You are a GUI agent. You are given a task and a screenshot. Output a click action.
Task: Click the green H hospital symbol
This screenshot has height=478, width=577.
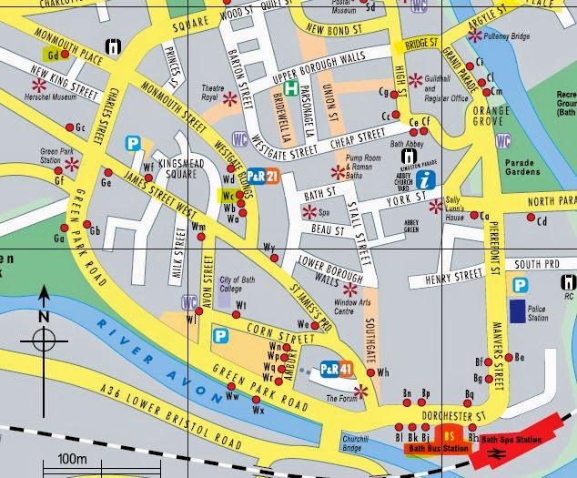click(290, 89)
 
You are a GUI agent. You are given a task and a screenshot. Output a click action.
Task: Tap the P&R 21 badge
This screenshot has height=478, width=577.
click(262, 176)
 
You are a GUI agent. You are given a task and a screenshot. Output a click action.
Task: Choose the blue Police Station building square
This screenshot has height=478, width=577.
click(519, 311)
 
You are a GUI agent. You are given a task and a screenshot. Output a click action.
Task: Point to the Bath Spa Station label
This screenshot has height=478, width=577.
click(515, 440)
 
